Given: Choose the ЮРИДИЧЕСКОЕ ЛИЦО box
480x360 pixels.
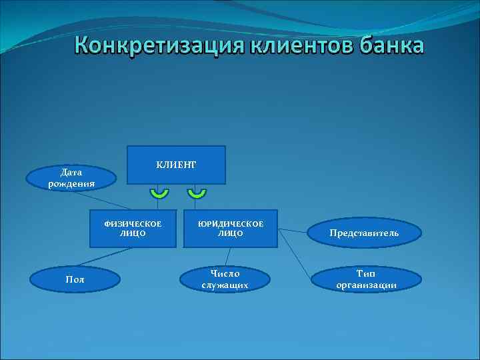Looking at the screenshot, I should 230,229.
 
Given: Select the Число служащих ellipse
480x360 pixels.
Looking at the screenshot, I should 225,279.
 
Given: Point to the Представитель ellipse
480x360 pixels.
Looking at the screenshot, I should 363,233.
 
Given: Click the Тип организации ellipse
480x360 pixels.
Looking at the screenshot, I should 366,279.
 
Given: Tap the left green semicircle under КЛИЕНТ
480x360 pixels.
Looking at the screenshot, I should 159,193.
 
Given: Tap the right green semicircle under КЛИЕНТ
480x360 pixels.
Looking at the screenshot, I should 196,193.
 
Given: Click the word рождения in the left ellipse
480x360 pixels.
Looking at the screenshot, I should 71,183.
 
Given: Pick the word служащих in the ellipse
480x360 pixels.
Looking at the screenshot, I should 225,285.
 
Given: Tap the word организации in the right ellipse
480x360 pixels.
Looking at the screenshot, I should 366,285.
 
